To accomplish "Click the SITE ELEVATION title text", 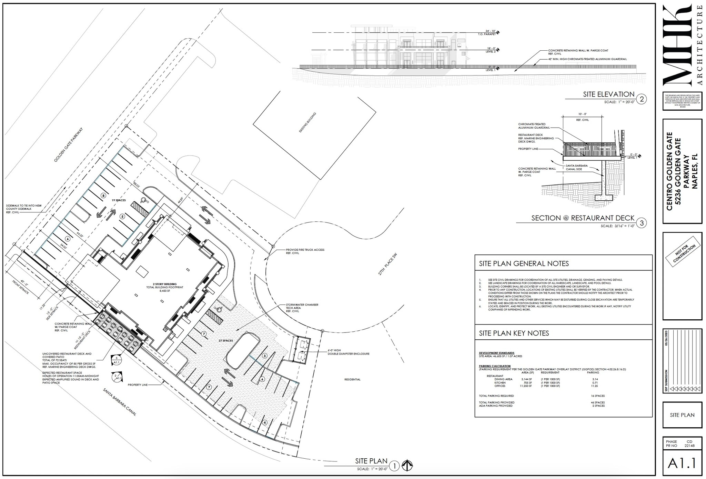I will [608, 94].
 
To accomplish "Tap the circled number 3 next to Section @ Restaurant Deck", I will [642, 223].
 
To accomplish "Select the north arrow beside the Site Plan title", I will [408, 466].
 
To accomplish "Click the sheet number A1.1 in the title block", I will [682, 463].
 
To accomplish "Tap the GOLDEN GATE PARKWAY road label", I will [69, 145].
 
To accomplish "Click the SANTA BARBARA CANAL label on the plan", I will [120, 402].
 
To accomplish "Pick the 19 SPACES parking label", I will [118, 200].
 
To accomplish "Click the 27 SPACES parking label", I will [225, 341].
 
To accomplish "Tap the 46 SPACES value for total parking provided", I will [597, 402].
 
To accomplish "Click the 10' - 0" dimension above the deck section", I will [582, 114].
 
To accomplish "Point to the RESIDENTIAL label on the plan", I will [352, 379].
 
